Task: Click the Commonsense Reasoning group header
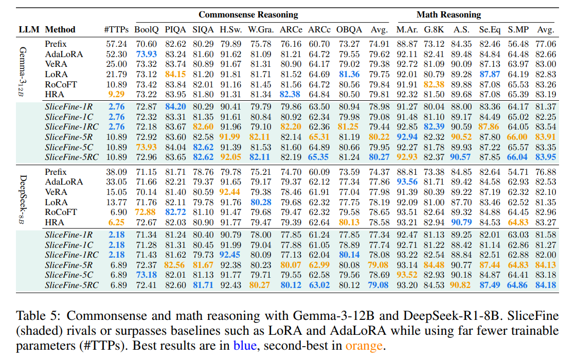tap(248, 14)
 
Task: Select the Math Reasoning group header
tap(448, 14)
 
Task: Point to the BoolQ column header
tap(146, 29)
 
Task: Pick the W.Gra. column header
tap(260, 29)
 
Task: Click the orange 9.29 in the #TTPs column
tap(116, 94)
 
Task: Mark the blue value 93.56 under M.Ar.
tap(407, 182)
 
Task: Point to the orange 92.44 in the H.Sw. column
tap(230, 192)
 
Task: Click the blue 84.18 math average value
tap(546, 285)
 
